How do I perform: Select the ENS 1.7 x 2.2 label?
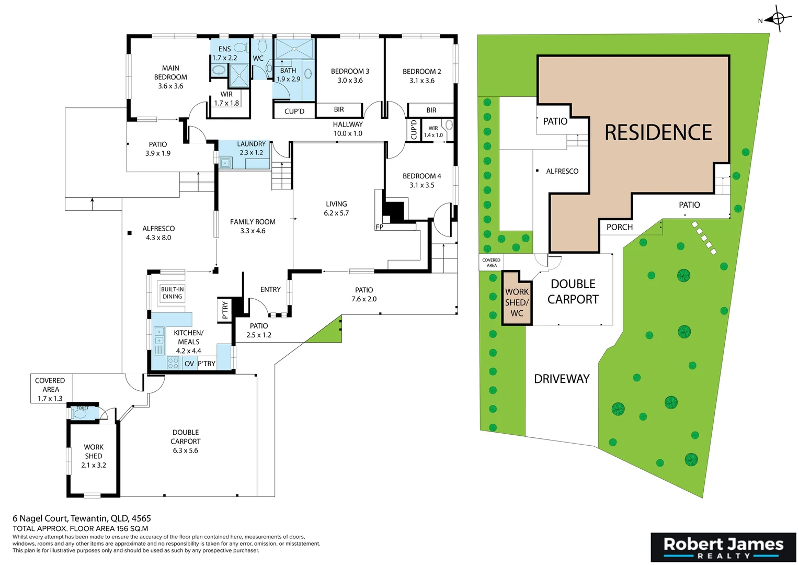click(x=224, y=53)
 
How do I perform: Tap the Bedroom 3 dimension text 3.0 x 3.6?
click(x=350, y=81)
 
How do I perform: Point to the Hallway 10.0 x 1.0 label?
click(x=348, y=129)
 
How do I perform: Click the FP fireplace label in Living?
click(x=379, y=227)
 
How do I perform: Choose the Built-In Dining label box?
click(x=172, y=293)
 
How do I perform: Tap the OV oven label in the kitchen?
click(x=189, y=364)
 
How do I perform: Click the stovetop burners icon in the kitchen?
click(x=173, y=363)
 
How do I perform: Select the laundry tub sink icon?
click(x=225, y=163)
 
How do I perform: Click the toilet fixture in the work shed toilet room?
click(x=80, y=414)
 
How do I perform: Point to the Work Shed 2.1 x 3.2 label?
click(x=94, y=456)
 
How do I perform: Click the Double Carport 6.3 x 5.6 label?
click(x=186, y=442)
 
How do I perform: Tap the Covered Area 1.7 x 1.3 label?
click(x=50, y=390)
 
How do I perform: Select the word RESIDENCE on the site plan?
click(x=658, y=132)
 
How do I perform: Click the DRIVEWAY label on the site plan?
click(x=562, y=379)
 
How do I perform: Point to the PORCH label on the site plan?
click(x=619, y=227)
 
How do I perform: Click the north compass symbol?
click(x=778, y=20)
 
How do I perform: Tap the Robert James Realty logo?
click(x=723, y=547)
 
